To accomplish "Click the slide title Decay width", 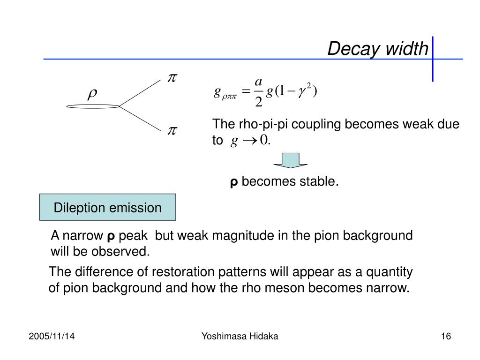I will [x=377, y=48].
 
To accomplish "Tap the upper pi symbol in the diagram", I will [x=172, y=78].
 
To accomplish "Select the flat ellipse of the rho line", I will [x=93, y=106].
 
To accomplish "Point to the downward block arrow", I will [x=290, y=160].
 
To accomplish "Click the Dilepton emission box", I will [x=107, y=207].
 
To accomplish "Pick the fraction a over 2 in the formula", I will [x=258, y=92].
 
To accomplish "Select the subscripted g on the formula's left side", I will [x=225, y=93].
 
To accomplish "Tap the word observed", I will [x=125, y=252].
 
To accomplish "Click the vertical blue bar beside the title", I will [x=432, y=59].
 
